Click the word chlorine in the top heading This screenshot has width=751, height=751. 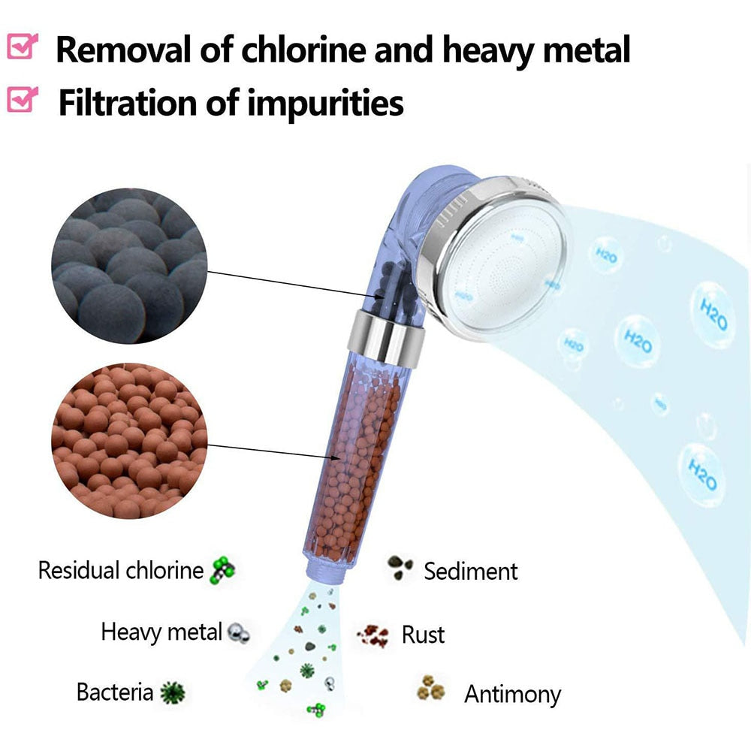coord(300,50)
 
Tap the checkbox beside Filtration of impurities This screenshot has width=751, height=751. coord(22,100)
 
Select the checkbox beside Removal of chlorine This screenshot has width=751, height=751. coord(22,47)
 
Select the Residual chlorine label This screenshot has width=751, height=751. coord(121,570)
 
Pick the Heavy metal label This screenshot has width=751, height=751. coord(161,632)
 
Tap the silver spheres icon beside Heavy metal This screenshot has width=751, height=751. coord(239,632)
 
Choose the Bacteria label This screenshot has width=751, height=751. coord(115,692)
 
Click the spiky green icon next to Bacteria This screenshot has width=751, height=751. coord(173,692)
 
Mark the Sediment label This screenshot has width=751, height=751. coord(471,571)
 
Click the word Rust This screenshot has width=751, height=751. coord(423,635)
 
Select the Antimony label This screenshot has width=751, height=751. coord(512,694)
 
